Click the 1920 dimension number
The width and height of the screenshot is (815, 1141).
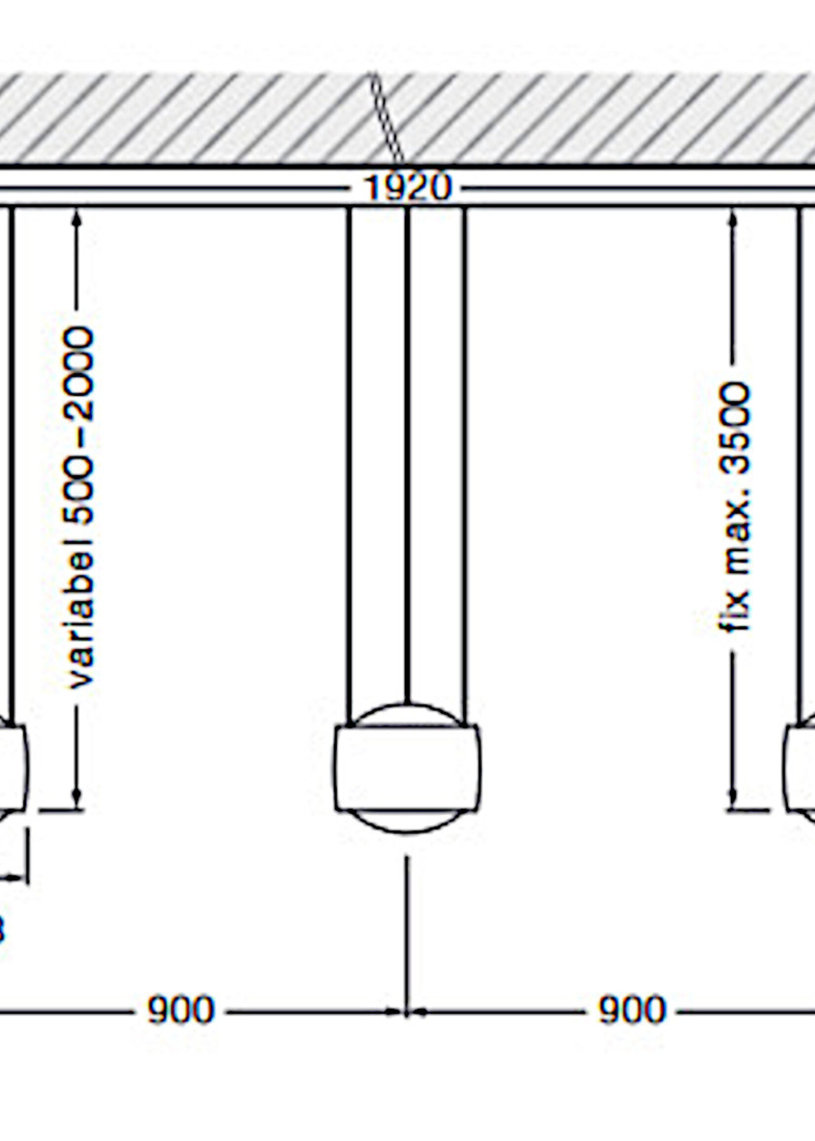[407, 188]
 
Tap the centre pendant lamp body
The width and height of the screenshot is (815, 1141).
[407, 768]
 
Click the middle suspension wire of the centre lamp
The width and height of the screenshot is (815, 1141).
[407, 451]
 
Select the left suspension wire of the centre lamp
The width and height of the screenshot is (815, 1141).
[349, 451]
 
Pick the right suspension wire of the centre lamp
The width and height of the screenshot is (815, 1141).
[464, 451]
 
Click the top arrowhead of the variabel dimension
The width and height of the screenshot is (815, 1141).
[77, 218]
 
